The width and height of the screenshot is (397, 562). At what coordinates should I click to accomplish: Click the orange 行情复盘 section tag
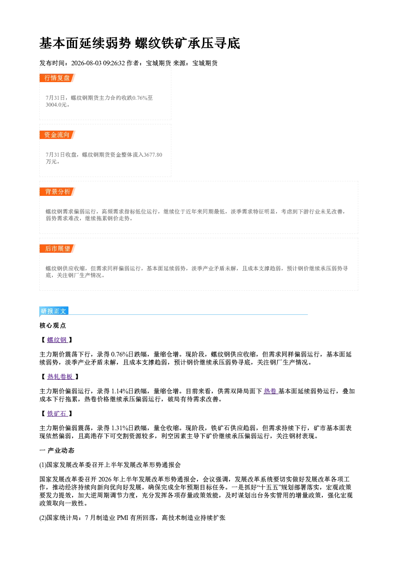coord(57,78)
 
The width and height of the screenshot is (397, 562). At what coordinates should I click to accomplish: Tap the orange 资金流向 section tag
coord(57,135)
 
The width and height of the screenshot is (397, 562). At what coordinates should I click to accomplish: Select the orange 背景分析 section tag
coord(57,192)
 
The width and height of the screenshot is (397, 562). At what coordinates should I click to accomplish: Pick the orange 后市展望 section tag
coord(57,249)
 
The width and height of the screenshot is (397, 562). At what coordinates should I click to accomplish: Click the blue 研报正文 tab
coord(54,311)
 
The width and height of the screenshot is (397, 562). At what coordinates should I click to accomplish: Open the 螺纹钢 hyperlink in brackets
coord(57,340)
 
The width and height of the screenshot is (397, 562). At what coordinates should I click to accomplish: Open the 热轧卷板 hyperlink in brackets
coord(60,377)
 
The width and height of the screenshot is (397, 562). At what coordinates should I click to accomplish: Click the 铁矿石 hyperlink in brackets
coord(57,414)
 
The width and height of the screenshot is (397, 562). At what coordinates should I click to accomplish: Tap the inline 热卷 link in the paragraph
coord(271,391)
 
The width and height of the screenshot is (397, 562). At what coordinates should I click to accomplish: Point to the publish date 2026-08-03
coord(86,63)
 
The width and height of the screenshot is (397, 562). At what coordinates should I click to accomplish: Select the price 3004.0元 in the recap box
coord(56,105)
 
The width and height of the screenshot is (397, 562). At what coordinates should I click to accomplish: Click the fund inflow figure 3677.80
coord(153,155)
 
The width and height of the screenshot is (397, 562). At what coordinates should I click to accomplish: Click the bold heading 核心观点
coord(53,326)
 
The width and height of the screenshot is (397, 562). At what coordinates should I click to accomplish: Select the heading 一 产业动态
coord(57,451)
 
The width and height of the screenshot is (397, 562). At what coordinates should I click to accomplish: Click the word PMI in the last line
coord(122,518)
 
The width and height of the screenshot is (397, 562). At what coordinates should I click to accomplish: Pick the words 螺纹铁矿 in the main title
coord(161,43)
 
